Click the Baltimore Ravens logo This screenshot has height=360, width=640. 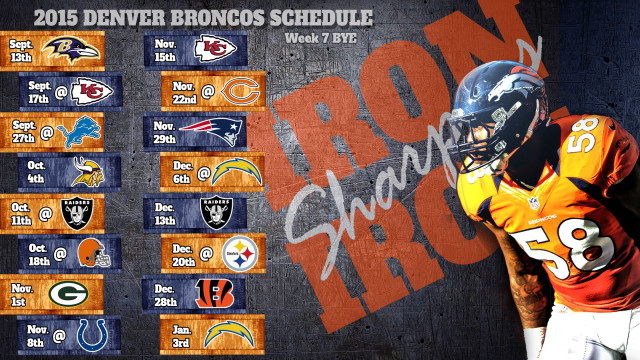pos(75,49)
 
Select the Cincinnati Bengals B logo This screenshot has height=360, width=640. pos(222,292)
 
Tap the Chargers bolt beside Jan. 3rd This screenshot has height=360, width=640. pos(222,333)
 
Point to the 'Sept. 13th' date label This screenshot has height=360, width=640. pos(23,49)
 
